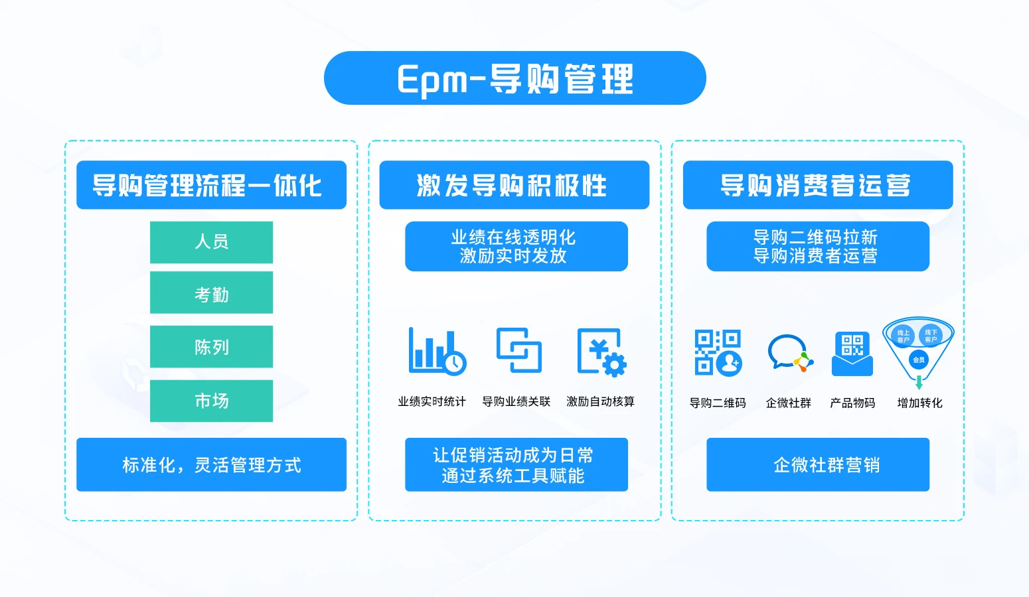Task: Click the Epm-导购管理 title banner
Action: click(514, 78)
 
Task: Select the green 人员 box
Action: click(211, 242)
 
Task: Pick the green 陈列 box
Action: click(211, 346)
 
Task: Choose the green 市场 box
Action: click(211, 401)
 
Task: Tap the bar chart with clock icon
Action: click(437, 352)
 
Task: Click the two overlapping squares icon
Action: click(519, 350)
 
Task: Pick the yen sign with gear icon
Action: click(601, 352)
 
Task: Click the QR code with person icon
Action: click(718, 352)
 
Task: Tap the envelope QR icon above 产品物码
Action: click(852, 354)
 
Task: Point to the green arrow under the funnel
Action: click(919, 383)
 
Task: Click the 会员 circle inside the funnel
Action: click(919, 360)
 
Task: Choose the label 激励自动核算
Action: click(600, 401)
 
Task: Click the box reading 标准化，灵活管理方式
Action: click(211, 464)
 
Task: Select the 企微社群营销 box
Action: click(818, 464)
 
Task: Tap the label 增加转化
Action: click(919, 403)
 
